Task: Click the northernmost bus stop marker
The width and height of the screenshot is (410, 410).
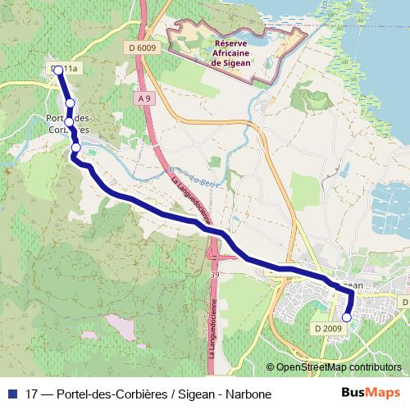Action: coord(59,71)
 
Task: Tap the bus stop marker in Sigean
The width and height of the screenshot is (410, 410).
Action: coord(347,317)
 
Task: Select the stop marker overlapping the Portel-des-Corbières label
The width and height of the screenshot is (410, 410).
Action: coord(69,122)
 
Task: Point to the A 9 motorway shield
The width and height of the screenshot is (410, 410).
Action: coord(145,98)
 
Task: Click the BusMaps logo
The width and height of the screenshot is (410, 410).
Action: coord(371,393)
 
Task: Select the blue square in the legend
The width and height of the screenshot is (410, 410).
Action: coord(12,394)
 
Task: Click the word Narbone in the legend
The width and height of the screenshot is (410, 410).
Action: coord(248,394)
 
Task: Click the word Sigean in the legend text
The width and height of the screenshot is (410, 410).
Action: coord(191,394)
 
